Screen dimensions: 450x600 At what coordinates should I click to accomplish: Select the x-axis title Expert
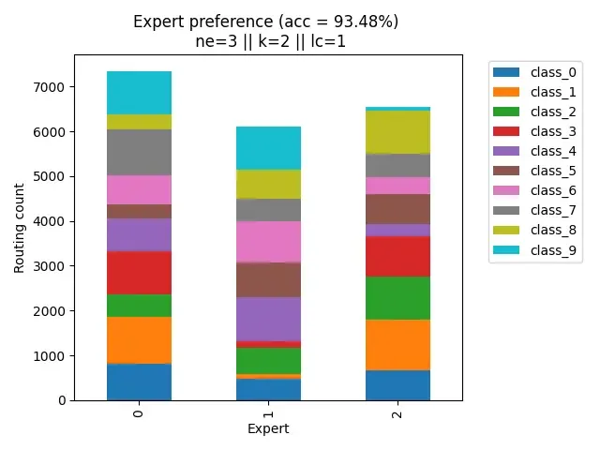click(268, 428)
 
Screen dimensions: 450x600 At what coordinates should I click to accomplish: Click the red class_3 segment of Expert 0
click(139, 273)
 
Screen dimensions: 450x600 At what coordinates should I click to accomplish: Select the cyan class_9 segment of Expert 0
click(139, 93)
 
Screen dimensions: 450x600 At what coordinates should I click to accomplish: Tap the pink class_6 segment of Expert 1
click(268, 242)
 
